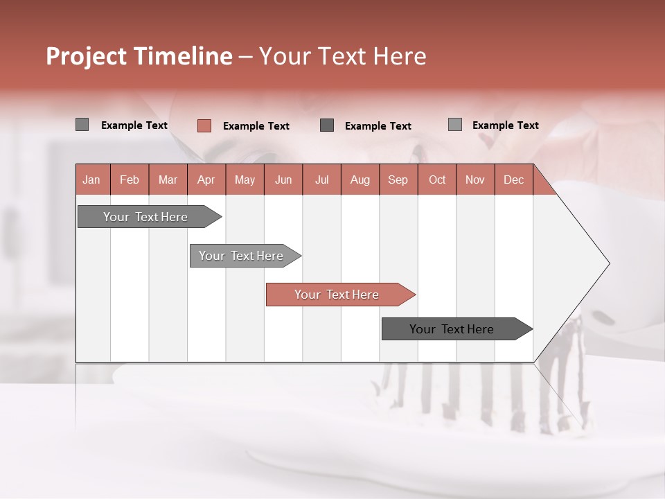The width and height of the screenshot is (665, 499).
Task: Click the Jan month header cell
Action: [91, 180]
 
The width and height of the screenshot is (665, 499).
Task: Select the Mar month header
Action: [168, 180]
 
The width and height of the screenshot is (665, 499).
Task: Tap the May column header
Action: [245, 180]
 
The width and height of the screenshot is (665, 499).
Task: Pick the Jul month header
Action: [321, 180]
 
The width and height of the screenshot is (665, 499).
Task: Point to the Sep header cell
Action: [398, 180]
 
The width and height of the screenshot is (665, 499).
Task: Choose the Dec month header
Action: [513, 180]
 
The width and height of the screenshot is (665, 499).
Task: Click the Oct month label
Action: [437, 180]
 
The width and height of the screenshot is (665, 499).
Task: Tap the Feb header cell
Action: [130, 180]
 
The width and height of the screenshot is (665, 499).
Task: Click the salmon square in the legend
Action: [204, 125]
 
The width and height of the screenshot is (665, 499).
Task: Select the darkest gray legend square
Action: [327, 125]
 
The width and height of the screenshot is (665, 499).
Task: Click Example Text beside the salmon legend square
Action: [256, 126]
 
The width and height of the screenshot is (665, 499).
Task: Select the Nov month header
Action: [475, 180]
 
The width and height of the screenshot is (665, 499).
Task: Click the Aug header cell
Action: [360, 180]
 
